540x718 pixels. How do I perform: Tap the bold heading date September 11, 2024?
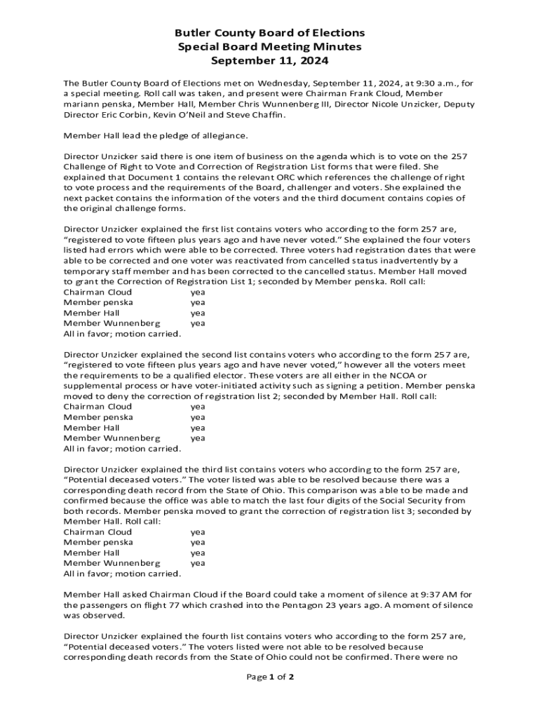pos(270,61)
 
